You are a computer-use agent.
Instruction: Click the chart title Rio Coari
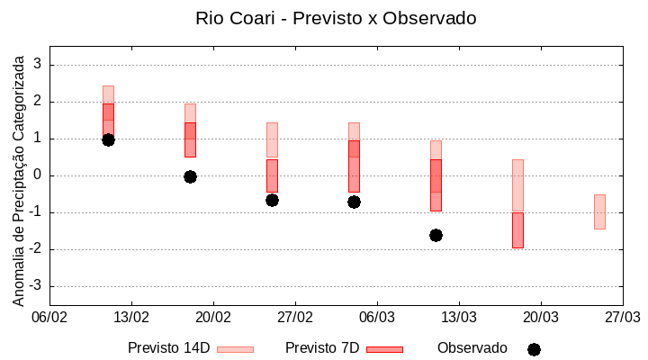(336, 18)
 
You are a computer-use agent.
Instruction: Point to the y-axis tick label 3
(38, 65)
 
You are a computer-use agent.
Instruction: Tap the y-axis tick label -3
(35, 286)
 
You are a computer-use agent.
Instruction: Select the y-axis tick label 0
(38, 175)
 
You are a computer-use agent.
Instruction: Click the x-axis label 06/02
(49, 317)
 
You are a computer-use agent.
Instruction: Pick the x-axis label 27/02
(294, 317)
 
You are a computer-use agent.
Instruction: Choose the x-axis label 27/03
(622, 317)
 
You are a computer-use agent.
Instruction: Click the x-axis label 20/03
(540, 317)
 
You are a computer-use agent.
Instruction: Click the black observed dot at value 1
(108, 139)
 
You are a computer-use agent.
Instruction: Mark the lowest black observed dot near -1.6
(436, 235)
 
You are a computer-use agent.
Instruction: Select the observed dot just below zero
(190, 176)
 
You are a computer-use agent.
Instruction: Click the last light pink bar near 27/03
(599, 211)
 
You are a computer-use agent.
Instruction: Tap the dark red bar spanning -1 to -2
(517, 229)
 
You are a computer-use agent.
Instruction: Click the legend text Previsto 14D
(168, 348)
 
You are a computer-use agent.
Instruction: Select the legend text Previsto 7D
(322, 348)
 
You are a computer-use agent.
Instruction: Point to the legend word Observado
(472, 348)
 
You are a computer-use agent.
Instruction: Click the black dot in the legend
(534, 349)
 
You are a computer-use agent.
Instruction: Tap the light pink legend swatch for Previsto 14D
(235, 349)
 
